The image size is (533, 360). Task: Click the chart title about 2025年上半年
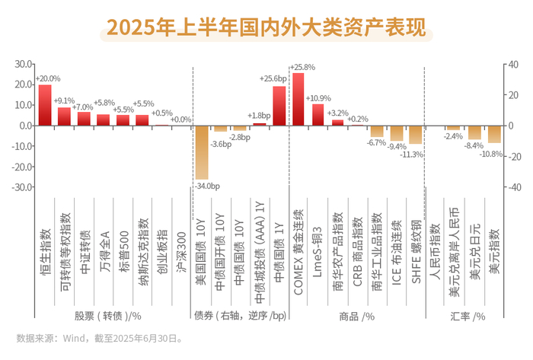pyautogui.click(x=266, y=27)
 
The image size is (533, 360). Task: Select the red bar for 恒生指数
pyautogui.click(x=45, y=105)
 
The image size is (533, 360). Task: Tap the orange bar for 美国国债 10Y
pyautogui.click(x=201, y=152)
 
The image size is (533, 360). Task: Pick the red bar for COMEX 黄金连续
pyautogui.click(x=298, y=99)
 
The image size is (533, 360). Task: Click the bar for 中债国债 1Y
pyautogui.click(x=279, y=106)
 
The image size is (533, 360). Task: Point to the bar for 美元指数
pyautogui.click(x=494, y=134)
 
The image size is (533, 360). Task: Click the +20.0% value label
pyautogui.click(x=48, y=78)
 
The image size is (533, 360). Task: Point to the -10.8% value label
pyautogui.click(x=490, y=155)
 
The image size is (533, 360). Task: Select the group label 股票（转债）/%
pyautogui.click(x=108, y=315)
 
